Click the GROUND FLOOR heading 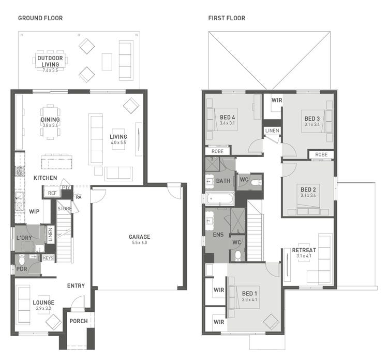point(40,18)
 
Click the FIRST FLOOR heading point(227,18)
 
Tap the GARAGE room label point(140,237)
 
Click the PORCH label point(79,321)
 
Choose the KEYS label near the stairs point(48,257)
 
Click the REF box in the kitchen point(52,193)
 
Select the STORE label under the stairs point(65,209)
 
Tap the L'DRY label point(24,238)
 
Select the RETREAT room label point(304,250)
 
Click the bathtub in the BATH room point(219,198)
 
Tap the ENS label point(218,234)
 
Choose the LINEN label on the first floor point(272,131)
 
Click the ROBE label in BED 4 point(218,151)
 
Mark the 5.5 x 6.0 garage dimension point(140,242)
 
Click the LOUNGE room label point(43,302)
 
